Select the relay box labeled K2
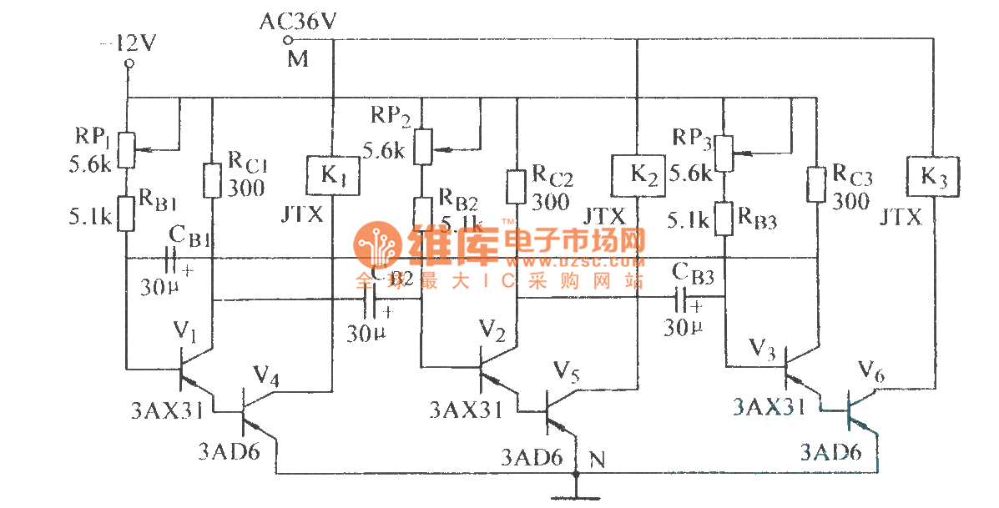coord(637,174)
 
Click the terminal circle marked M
coord(289,40)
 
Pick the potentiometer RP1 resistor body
coord(126,148)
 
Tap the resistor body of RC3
coord(817,185)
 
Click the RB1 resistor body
coord(126,213)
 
